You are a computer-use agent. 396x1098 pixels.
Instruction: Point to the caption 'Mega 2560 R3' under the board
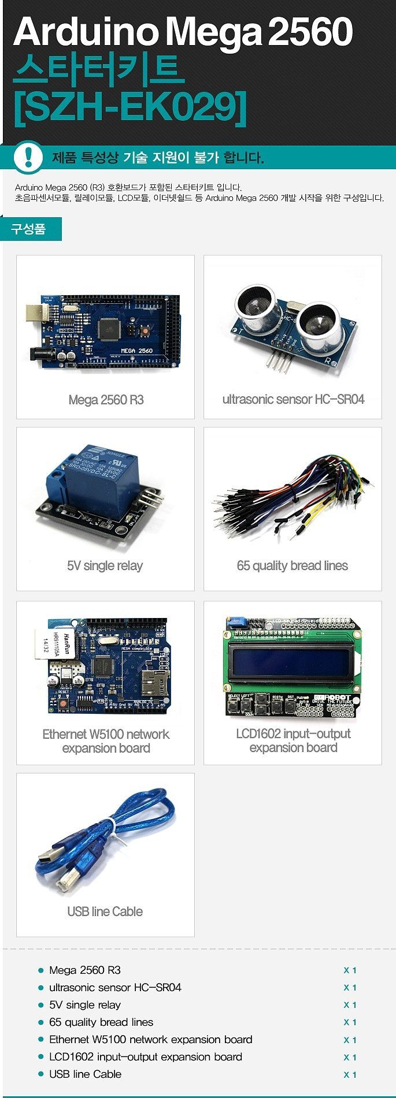pyautogui.click(x=106, y=400)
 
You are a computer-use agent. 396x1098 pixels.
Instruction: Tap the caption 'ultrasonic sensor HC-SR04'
pyautogui.click(x=293, y=399)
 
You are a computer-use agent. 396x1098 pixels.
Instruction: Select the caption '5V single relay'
pyautogui.click(x=105, y=565)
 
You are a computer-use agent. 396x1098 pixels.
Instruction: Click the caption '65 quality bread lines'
pyautogui.click(x=293, y=565)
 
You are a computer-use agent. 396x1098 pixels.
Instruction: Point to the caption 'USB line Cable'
pyautogui.click(x=105, y=911)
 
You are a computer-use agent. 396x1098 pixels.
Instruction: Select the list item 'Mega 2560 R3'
pyautogui.click(x=85, y=970)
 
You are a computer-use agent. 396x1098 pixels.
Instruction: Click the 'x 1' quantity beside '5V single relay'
pyautogui.click(x=350, y=1005)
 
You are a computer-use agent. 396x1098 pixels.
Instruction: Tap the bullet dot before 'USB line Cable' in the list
pyautogui.click(x=40, y=1074)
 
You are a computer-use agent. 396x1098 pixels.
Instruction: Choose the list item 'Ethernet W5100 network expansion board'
pyautogui.click(x=151, y=1040)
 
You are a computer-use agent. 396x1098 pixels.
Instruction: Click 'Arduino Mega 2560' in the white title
pyautogui.click(x=183, y=32)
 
